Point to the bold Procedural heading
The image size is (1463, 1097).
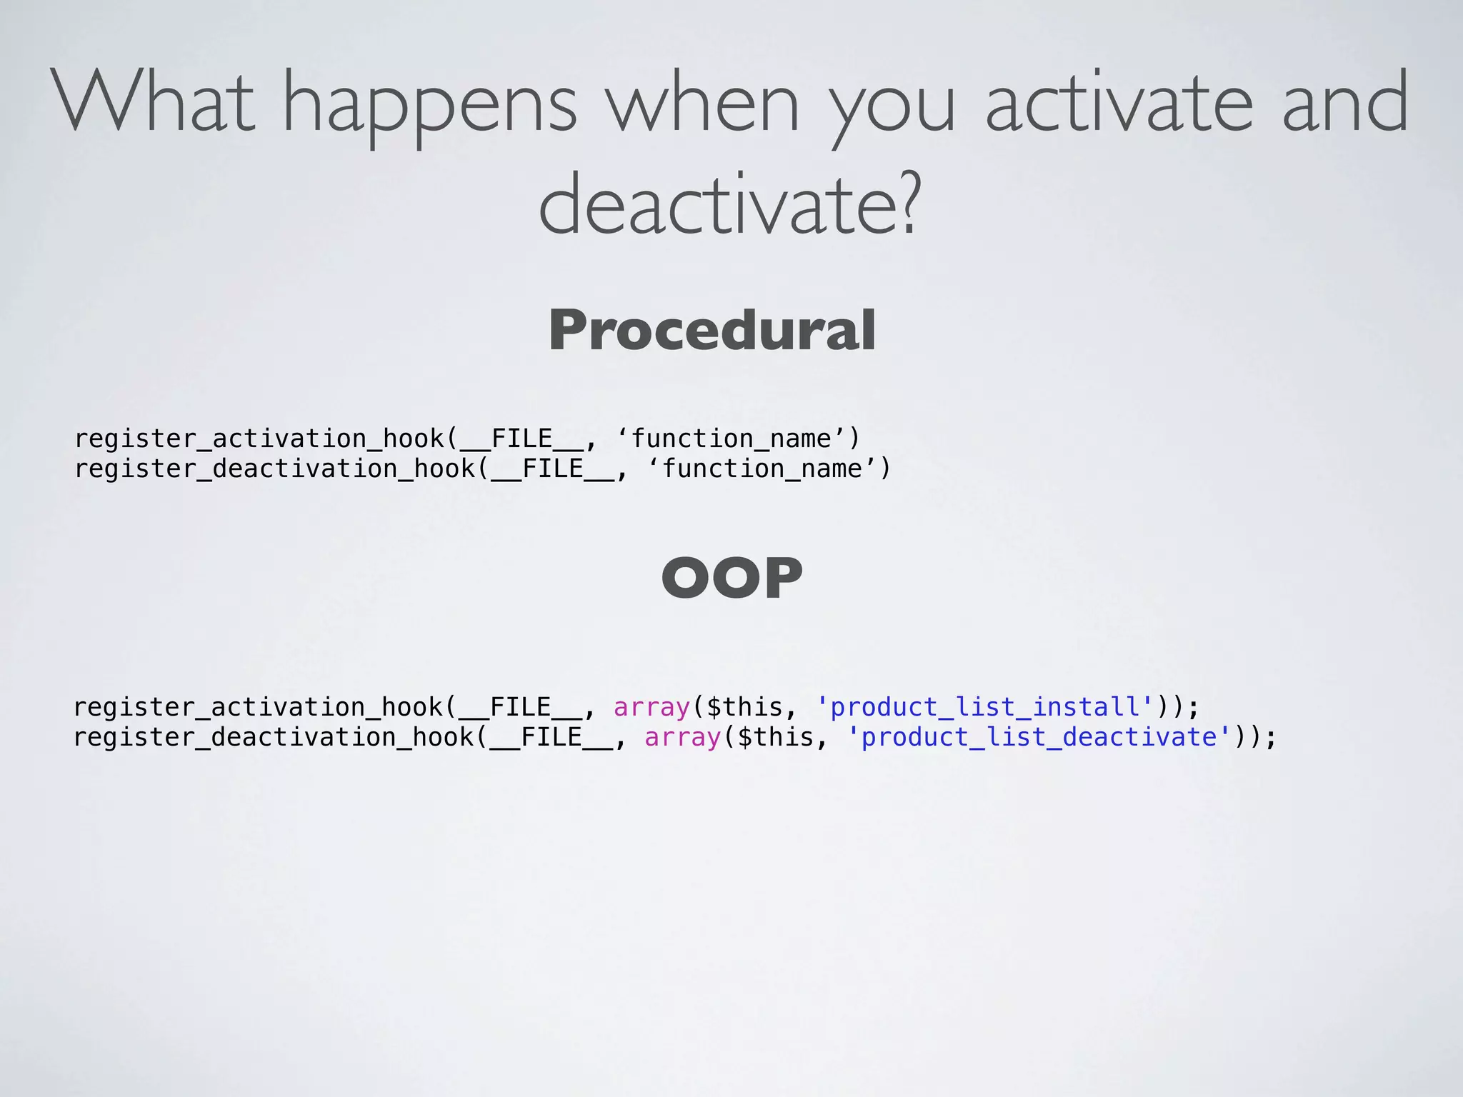[x=712, y=330]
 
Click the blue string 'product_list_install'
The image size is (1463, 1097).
[x=984, y=707]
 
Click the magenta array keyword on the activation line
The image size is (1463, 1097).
[x=651, y=707]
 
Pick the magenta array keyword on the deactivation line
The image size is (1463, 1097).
[x=683, y=737]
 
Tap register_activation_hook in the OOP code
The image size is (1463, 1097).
[x=259, y=707]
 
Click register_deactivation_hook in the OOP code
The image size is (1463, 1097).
[x=274, y=737]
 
